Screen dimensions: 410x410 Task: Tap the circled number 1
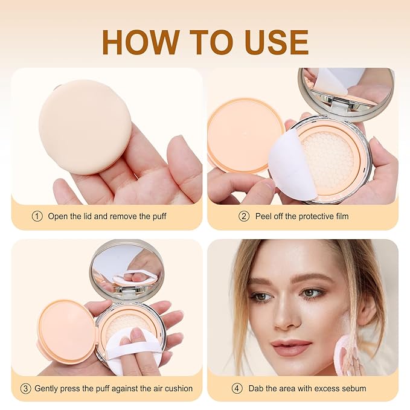click(x=37, y=216)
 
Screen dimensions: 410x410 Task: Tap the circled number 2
click(x=244, y=216)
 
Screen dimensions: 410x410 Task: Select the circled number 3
click(x=25, y=388)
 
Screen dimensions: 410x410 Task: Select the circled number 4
click(x=237, y=388)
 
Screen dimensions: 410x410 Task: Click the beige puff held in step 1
click(x=85, y=127)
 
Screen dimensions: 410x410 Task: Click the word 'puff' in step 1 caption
click(x=159, y=217)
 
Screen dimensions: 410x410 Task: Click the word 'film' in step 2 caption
click(x=342, y=216)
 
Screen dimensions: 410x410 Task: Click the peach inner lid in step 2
click(x=246, y=136)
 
